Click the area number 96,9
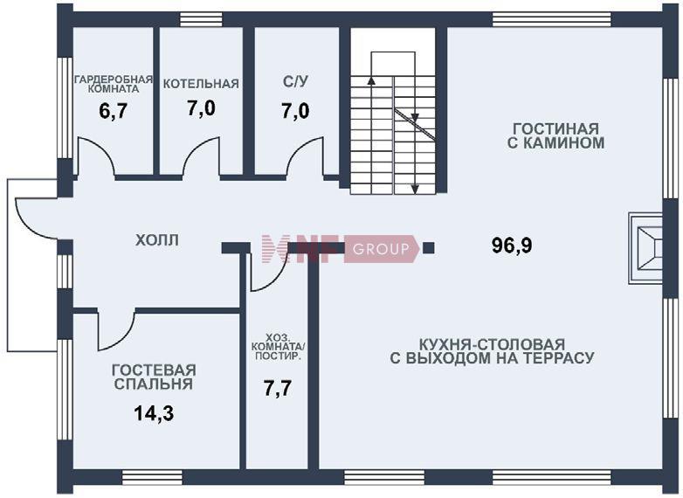point(512,246)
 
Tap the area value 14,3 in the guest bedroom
point(154,414)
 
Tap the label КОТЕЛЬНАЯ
point(201,84)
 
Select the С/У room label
point(296,82)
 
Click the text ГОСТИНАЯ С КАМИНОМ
point(555,135)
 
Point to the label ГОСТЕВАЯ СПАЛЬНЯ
point(154,377)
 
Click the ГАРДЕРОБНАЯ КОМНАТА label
point(113,84)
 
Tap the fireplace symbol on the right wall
point(646,248)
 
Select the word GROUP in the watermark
point(380,249)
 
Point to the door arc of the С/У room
point(306,157)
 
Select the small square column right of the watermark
point(428,248)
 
